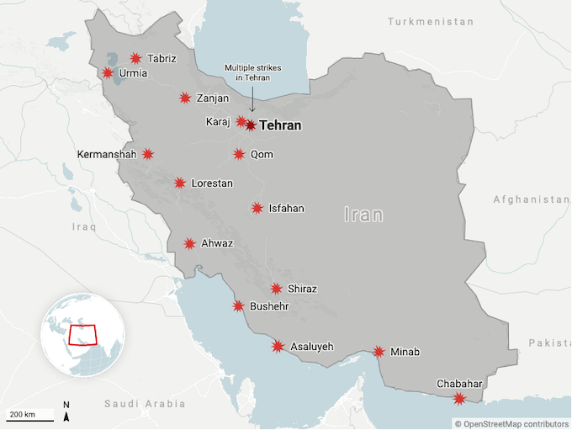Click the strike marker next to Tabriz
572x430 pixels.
[135, 58]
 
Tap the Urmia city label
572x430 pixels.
[133, 73]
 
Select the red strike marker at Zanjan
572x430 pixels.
[185, 98]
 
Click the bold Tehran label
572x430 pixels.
[281, 125]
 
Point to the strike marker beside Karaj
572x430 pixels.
[241, 121]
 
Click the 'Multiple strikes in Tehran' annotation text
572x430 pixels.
[246, 72]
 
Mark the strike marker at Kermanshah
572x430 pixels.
[148, 154]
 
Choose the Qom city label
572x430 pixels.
[262, 155]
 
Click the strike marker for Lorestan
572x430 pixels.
[180, 183]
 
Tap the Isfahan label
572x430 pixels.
[286, 209]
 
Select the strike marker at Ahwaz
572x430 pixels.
[190, 244]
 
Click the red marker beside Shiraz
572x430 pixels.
[277, 289]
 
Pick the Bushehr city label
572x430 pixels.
[269, 307]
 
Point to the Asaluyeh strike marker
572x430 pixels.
[278, 346]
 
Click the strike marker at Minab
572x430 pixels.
[379, 352]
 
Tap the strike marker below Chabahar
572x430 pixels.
[458, 398]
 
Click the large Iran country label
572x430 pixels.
[363, 215]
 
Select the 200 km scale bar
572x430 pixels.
[29, 414]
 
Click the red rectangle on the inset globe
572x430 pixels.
[82, 334]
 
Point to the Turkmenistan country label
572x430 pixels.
[430, 21]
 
